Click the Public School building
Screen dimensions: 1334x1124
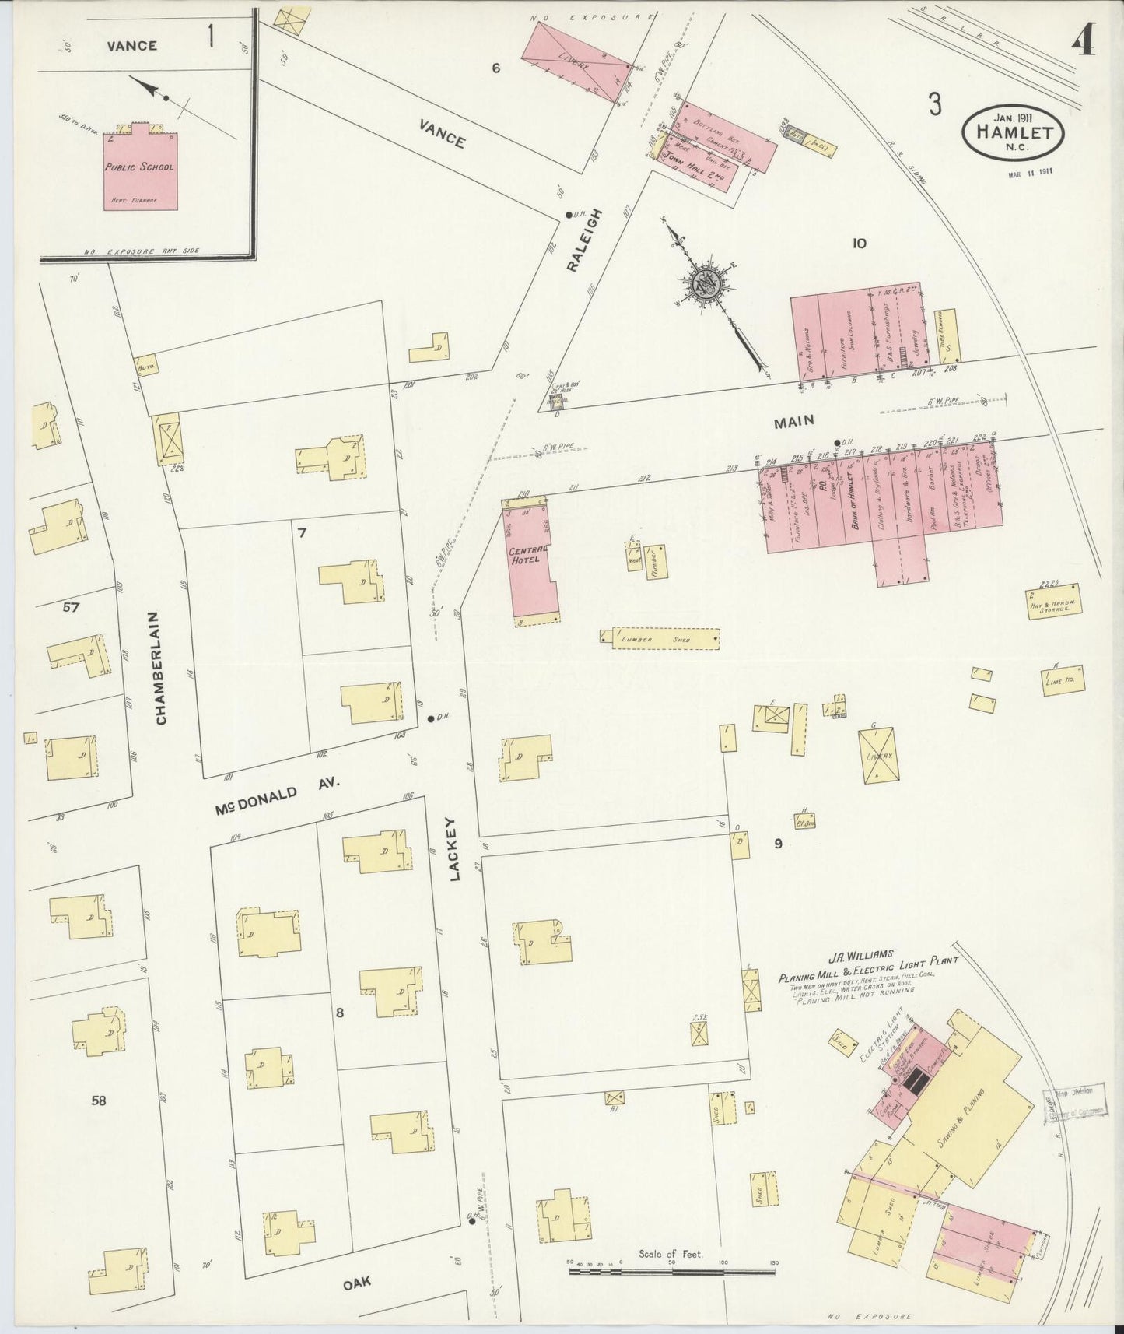140,166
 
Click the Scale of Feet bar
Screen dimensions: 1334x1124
672,1272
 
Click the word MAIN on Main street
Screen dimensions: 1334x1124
793,420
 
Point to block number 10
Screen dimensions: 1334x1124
859,244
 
